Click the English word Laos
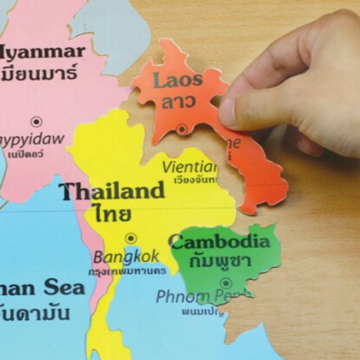(x=177, y=80)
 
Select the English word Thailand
(x=112, y=191)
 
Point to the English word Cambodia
(x=220, y=242)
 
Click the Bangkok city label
(x=126, y=258)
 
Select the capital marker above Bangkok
(x=130, y=238)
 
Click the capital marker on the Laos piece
(x=182, y=129)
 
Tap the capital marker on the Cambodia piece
(x=226, y=283)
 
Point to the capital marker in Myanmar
(x=37, y=121)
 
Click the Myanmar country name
(x=42, y=52)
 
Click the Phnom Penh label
(x=197, y=296)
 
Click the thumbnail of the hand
(x=228, y=112)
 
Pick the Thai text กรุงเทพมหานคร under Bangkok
(x=128, y=271)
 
